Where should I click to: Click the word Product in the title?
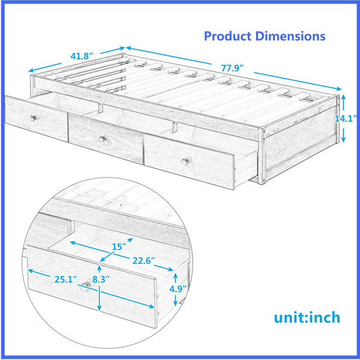pos(227,36)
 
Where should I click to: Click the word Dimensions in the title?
pos(290,36)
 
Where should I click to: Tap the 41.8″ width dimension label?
pos(82,56)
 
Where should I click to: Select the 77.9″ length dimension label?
pos(232,68)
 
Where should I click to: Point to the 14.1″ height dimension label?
pos(346,119)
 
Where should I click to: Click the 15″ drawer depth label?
pos(119,247)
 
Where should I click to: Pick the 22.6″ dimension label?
pos(143,261)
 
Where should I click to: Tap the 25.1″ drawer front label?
pos(65,280)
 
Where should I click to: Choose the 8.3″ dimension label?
pos(101,280)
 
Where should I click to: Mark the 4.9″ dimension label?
pos(178,289)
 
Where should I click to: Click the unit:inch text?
pos(307,317)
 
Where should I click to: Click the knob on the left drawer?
pos(34,118)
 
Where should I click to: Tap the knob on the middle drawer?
pos(103,139)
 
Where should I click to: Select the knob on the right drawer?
pos(186,161)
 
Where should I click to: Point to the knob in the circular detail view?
pos(86,286)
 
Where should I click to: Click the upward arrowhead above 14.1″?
pos(343,97)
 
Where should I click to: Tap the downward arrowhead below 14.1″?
pos(343,139)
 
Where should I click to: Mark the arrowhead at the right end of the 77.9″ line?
pos(339,89)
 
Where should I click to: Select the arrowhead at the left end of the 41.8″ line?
pos(31,70)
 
